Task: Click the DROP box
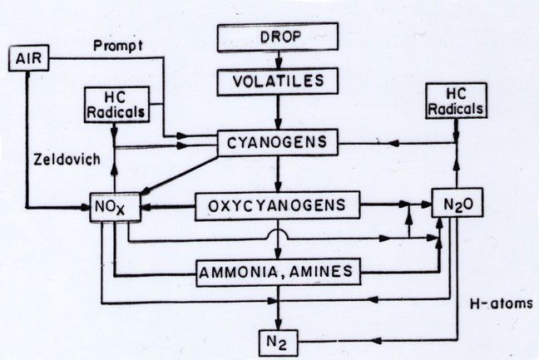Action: (278, 37)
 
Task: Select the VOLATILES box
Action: (278, 81)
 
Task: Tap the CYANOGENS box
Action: (278, 142)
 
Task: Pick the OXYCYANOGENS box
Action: (278, 205)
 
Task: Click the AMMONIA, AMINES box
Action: (278, 272)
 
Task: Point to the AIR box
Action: (28, 58)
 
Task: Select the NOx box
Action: (115, 207)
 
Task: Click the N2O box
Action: (457, 203)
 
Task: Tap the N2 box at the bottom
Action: (278, 343)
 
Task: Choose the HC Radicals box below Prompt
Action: (117, 105)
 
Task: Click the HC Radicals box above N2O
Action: (456, 101)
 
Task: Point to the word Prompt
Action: (118, 46)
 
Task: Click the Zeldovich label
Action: (67, 160)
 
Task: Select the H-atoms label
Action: (502, 303)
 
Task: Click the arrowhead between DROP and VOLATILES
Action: (279, 63)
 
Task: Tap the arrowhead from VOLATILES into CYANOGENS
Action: (279, 124)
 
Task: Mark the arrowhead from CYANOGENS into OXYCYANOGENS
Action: (279, 186)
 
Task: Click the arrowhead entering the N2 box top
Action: (279, 324)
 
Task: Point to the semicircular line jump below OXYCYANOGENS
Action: (278, 234)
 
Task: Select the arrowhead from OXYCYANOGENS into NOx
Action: (146, 207)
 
